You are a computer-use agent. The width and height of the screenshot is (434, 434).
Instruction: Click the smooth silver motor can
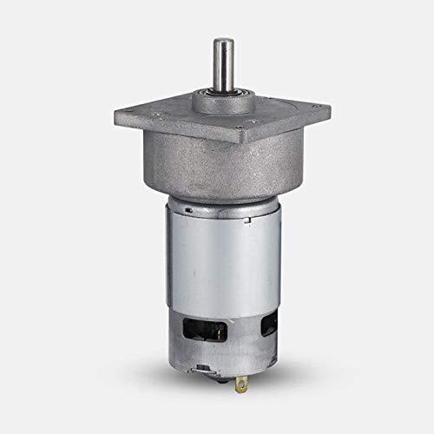[x=217, y=260]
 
